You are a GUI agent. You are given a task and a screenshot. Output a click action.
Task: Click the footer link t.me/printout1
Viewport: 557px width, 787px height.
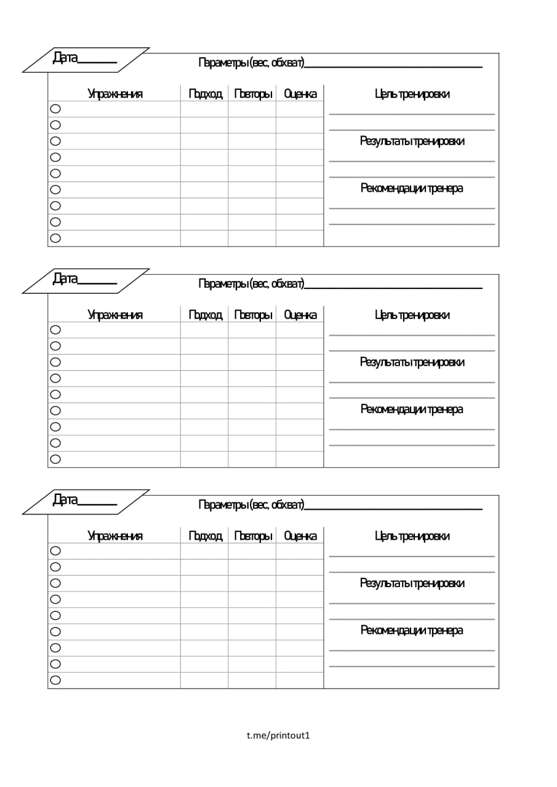tap(278, 735)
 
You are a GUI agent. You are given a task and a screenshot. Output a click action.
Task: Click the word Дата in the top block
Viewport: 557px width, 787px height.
tap(65, 58)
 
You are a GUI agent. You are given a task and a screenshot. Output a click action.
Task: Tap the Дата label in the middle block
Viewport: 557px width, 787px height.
tap(65, 279)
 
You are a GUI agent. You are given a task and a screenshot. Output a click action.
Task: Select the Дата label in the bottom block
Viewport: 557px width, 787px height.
tap(65, 500)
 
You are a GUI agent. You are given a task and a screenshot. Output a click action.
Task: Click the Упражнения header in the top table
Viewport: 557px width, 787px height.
tap(115, 94)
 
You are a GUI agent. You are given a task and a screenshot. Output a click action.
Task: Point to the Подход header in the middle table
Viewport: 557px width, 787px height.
tap(205, 315)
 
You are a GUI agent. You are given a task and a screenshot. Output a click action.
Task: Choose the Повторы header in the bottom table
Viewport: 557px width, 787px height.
tap(253, 536)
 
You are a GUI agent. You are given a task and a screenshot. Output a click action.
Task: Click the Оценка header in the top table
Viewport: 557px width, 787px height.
tap(300, 94)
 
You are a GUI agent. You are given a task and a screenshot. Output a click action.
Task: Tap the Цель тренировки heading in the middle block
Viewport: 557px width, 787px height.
tap(412, 315)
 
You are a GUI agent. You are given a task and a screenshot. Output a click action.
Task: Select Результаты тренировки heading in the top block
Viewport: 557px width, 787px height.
tap(412, 141)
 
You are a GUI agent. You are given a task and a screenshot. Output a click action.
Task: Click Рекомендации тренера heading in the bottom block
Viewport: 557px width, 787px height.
tap(412, 630)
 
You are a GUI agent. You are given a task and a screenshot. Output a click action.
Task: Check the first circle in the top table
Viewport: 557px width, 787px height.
tap(55, 109)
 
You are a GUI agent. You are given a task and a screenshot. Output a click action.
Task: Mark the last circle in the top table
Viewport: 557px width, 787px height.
tap(55, 238)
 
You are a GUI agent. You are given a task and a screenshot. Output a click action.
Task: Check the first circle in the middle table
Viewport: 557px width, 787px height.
tap(55, 330)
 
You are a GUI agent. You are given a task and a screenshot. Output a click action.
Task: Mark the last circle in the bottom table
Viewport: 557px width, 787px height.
tap(55, 680)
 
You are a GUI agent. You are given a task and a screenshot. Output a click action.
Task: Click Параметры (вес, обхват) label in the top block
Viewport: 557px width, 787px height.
tap(251, 62)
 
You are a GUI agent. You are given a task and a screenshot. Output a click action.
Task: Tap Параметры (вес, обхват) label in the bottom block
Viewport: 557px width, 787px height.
tap(251, 505)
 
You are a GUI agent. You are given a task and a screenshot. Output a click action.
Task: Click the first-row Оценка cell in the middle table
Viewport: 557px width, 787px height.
tap(300, 330)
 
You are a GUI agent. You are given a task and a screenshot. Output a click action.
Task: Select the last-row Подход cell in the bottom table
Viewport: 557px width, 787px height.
tap(204, 680)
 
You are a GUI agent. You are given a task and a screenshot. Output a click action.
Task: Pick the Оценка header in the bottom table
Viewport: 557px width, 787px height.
tap(300, 536)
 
